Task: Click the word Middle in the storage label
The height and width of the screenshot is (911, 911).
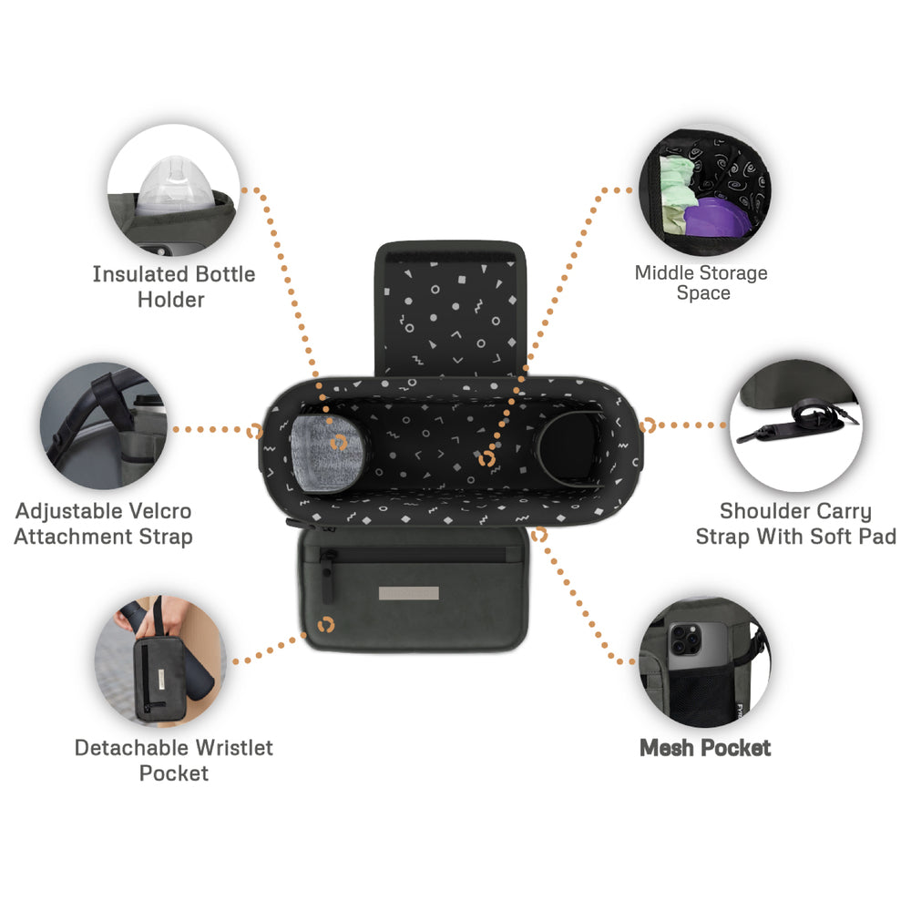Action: coord(665,272)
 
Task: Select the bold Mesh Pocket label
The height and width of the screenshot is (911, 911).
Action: coord(705,748)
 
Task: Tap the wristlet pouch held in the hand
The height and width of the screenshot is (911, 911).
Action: coord(157,676)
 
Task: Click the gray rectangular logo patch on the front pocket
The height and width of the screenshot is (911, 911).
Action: coord(408,593)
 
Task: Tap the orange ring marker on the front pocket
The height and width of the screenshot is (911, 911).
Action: coord(326,625)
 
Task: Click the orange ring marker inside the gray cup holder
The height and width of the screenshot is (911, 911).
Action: coord(338,444)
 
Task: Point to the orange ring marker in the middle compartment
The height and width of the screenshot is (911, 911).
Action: coord(486,459)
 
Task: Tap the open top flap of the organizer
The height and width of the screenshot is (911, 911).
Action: coord(450,309)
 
